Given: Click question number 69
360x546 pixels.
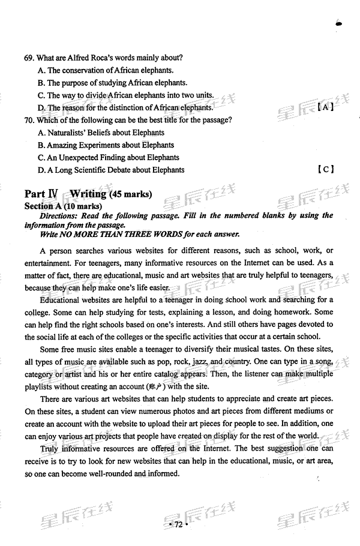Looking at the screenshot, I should [x=29, y=58].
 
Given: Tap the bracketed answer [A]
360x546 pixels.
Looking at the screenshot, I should [x=325, y=107].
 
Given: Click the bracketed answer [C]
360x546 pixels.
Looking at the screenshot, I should [x=325, y=170].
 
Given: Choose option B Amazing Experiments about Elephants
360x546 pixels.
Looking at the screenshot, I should [x=106, y=145].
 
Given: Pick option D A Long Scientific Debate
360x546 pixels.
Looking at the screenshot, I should [x=110, y=170].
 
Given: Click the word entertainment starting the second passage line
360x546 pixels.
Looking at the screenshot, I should [x=48, y=262].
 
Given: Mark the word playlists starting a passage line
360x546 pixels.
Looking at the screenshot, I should [x=41, y=387].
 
